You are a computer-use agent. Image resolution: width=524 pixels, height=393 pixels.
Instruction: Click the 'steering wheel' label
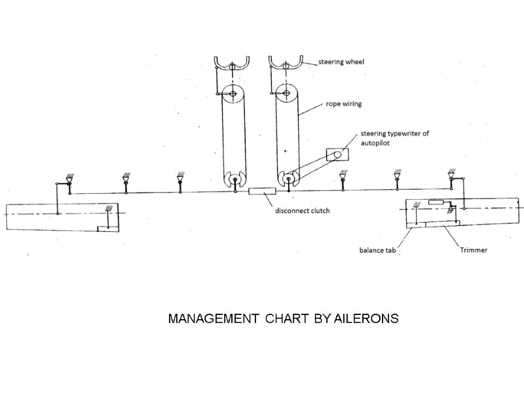point(341,62)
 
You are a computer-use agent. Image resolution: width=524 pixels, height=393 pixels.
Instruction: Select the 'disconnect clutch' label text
point(301,211)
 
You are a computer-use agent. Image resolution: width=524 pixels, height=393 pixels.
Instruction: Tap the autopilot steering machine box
point(337,155)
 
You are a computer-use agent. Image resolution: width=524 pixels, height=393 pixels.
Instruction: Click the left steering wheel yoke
point(232,65)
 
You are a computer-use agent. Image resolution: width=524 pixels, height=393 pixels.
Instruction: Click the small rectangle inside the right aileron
point(436,203)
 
